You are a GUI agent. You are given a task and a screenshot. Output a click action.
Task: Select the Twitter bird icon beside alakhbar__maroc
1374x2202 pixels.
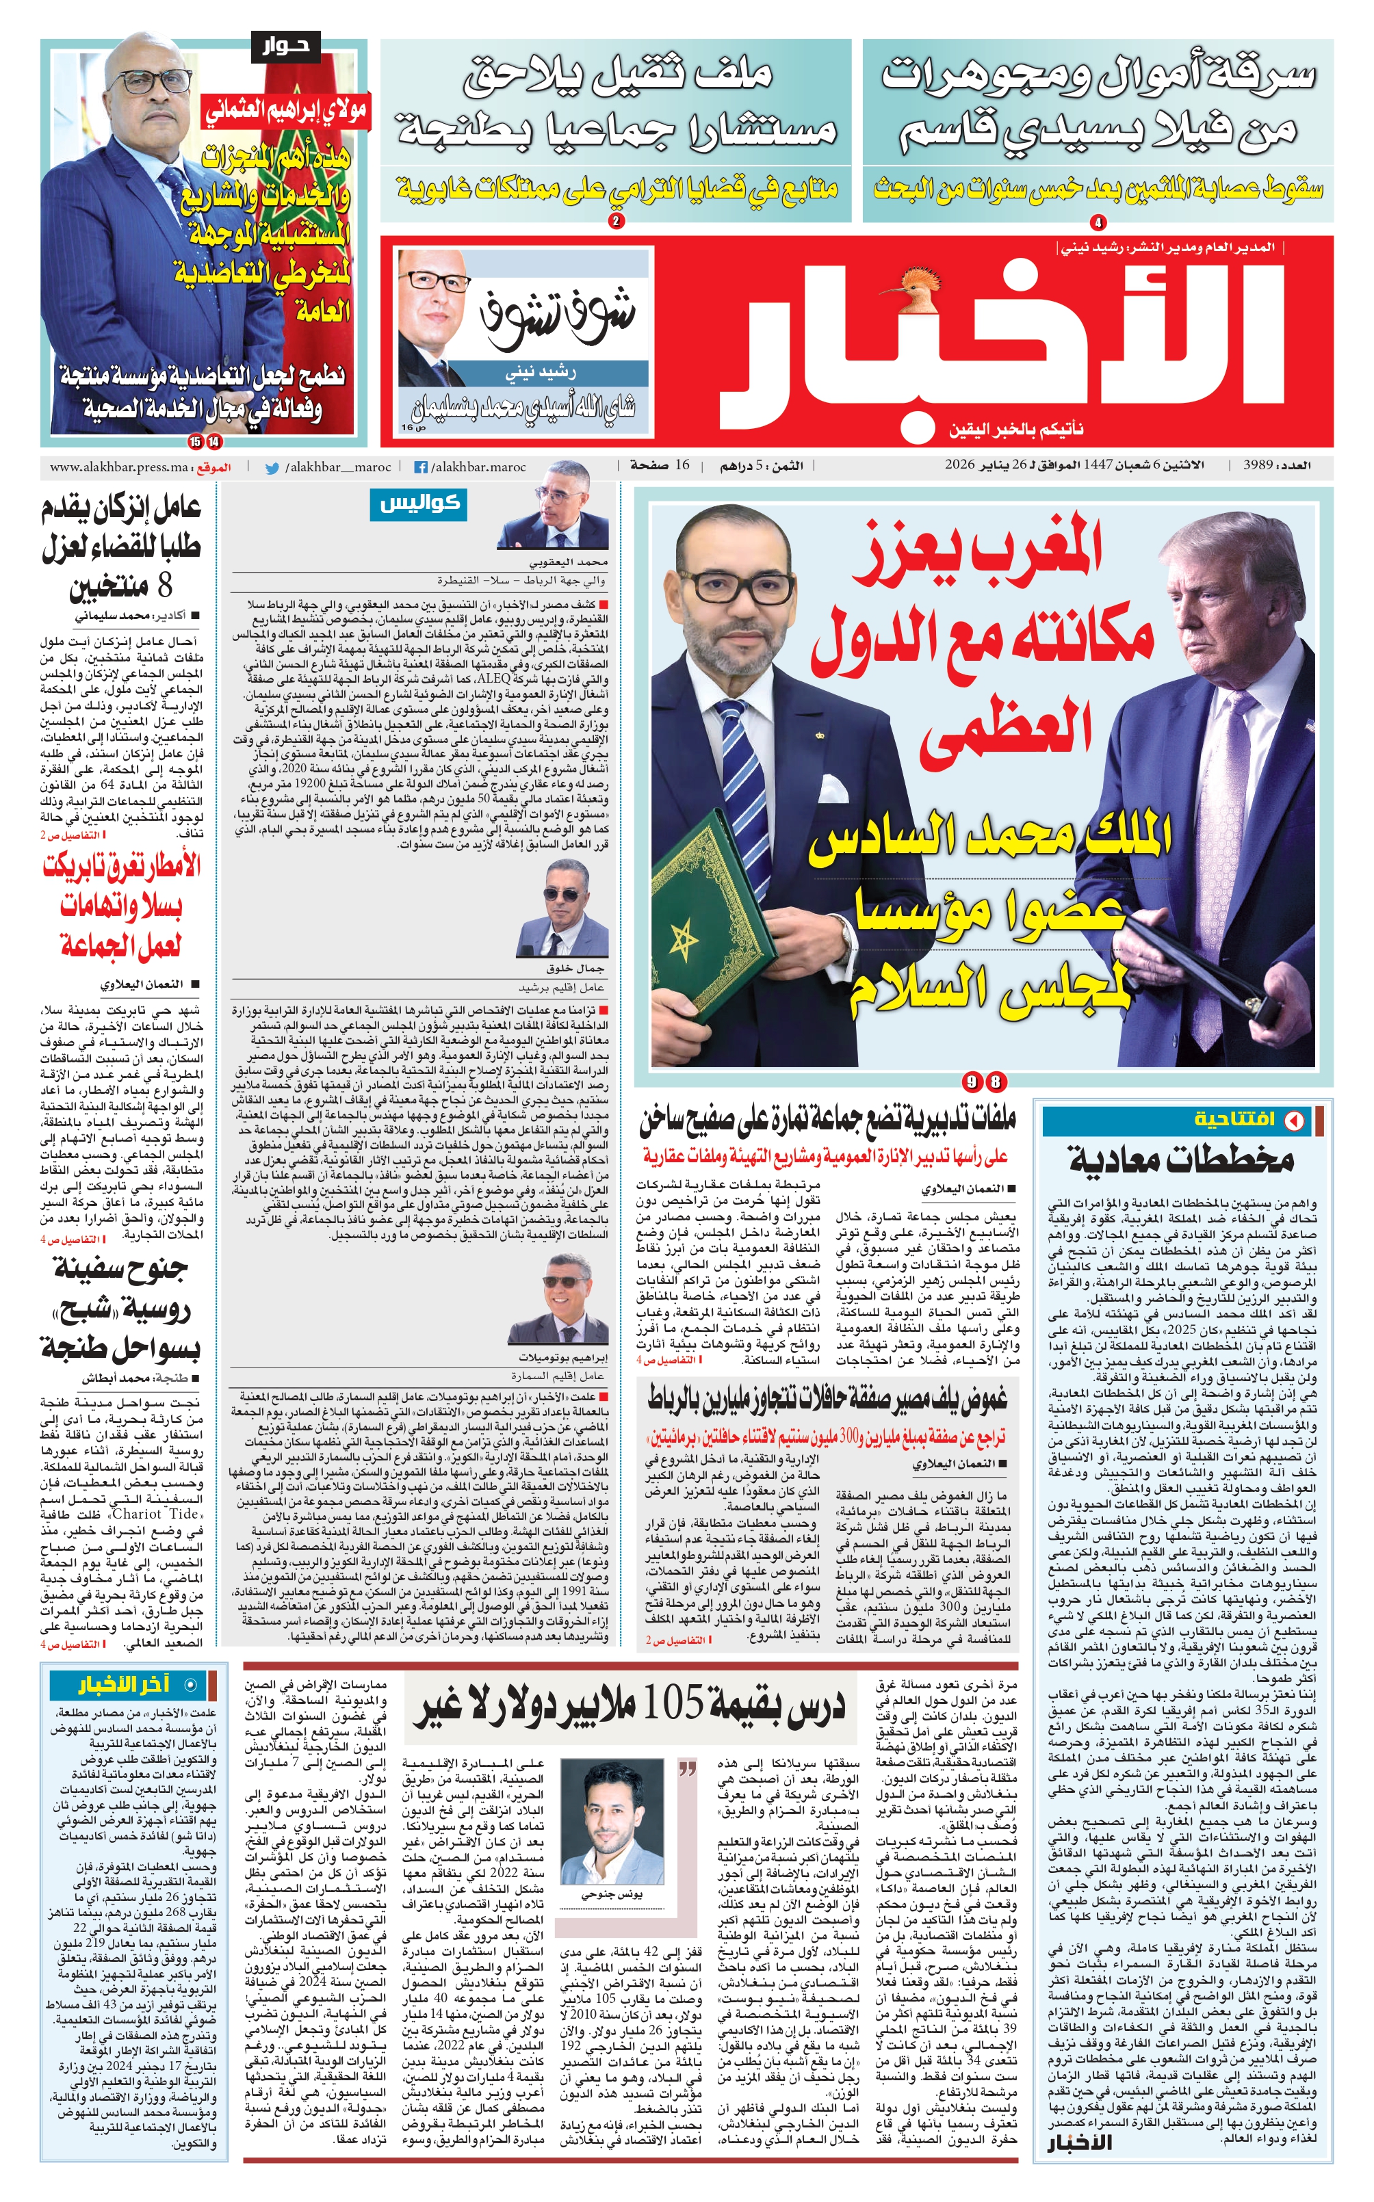272,468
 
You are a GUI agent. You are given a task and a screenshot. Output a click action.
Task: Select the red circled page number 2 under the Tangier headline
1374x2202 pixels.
617,221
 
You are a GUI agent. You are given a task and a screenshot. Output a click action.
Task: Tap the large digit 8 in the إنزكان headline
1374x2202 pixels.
164,587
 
